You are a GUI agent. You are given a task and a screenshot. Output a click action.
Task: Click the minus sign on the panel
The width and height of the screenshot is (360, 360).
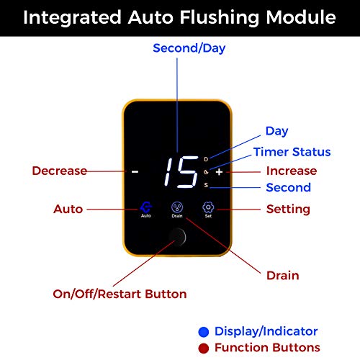click(x=135, y=172)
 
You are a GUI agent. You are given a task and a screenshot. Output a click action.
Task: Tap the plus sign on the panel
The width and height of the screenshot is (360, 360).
click(x=219, y=172)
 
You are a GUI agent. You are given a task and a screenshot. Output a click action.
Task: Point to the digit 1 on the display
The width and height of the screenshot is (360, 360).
click(x=168, y=172)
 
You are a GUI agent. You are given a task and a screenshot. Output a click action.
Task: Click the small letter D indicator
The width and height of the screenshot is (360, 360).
click(x=206, y=159)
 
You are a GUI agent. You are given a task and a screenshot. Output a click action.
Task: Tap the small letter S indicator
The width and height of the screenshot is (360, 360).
click(x=206, y=185)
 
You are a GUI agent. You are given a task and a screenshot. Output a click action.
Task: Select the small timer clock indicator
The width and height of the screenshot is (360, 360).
click(x=206, y=172)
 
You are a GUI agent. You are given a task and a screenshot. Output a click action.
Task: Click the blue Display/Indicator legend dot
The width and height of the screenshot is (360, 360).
click(x=204, y=332)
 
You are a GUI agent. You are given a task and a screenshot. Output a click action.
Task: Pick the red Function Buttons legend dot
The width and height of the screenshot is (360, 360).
click(x=204, y=348)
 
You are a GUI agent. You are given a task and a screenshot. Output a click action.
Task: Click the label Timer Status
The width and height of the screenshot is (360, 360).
click(x=292, y=152)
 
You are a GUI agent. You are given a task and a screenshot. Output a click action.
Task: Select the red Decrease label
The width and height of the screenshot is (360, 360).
click(x=60, y=171)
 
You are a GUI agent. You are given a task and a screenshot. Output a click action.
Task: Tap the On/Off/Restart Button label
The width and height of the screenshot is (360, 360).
click(x=120, y=294)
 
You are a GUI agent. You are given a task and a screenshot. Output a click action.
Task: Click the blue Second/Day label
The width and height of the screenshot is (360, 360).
click(x=189, y=48)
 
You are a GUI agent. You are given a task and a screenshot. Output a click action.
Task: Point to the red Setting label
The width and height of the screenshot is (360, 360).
click(x=288, y=210)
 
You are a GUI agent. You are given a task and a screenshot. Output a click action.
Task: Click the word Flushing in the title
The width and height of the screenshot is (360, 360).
click(x=220, y=18)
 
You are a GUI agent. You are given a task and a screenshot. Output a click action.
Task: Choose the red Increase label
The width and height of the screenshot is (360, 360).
click(x=292, y=171)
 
